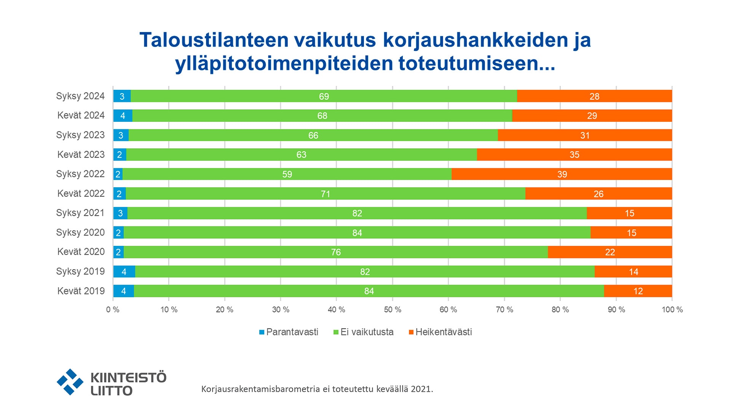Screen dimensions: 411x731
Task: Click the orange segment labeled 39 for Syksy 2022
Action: click(x=562, y=174)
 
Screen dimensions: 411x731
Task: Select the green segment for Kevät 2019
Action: click(x=369, y=291)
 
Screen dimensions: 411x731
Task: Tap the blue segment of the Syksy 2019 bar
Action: click(x=124, y=272)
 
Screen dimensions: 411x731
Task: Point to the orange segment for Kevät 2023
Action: click(x=574, y=155)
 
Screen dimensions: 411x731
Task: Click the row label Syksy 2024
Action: click(x=80, y=96)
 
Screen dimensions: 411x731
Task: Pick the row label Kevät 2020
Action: click(x=81, y=252)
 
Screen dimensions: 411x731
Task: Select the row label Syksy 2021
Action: click(x=80, y=213)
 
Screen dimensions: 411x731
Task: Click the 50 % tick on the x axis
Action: click(x=393, y=310)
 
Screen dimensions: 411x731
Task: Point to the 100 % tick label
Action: click(x=672, y=310)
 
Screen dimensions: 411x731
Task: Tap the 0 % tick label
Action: click(x=113, y=310)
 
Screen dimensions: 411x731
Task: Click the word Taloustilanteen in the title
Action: click(x=214, y=40)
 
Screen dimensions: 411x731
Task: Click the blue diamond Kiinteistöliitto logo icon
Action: click(x=70, y=382)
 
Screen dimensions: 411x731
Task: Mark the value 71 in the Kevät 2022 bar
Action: click(x=325, y=194)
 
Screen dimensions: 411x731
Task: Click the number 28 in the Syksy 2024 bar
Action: click(x=594, y=96)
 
